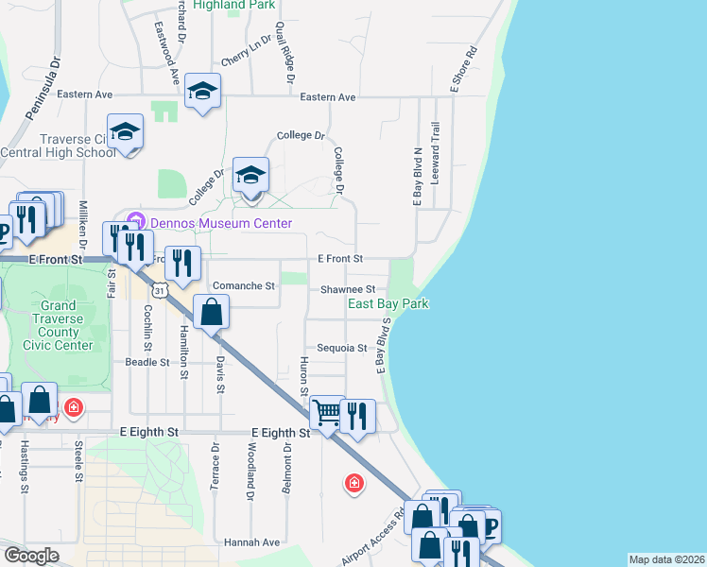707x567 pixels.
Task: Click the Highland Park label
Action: click(233, 5)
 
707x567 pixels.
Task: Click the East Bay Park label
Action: click(388, 303)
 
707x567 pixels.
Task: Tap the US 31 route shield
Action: click(162, 290)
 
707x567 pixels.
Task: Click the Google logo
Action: click(32, 555)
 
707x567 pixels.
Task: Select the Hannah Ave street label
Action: click(252, 542)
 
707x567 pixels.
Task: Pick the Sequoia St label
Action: click(341, 348)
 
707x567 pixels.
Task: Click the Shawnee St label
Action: click(348, 289)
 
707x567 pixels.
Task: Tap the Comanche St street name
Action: click(244, 285)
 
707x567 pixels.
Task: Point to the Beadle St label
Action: click(147, 362)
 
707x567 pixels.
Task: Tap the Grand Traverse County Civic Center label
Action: click(59, 326)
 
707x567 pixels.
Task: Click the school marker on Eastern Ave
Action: click(201, 91)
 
